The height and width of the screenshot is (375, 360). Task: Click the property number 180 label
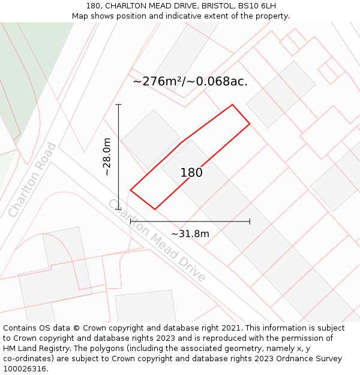[191, 173]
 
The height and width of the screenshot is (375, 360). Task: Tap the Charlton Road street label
[33, 179]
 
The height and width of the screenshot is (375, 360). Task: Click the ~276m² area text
[190, 82]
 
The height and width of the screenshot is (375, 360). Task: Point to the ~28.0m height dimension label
[107, 157]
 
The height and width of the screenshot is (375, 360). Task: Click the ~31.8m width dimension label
[190, 233]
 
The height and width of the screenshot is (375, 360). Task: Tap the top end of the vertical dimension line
[119, 105]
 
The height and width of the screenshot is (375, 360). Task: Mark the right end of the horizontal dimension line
[250, 221]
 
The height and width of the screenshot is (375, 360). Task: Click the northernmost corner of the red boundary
[232, 105]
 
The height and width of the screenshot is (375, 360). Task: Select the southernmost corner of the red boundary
[155, 209]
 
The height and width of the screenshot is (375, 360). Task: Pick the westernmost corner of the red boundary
[130, 191]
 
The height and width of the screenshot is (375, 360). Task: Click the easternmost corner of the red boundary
[250, 124]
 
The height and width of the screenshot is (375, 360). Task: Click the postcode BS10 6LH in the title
[256, 6]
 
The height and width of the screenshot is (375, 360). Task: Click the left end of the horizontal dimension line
[131, 221]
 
